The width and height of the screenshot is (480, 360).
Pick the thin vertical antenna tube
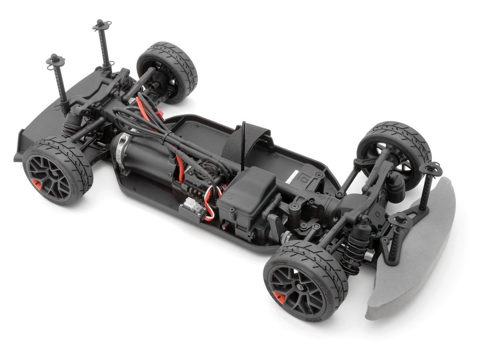243,144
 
